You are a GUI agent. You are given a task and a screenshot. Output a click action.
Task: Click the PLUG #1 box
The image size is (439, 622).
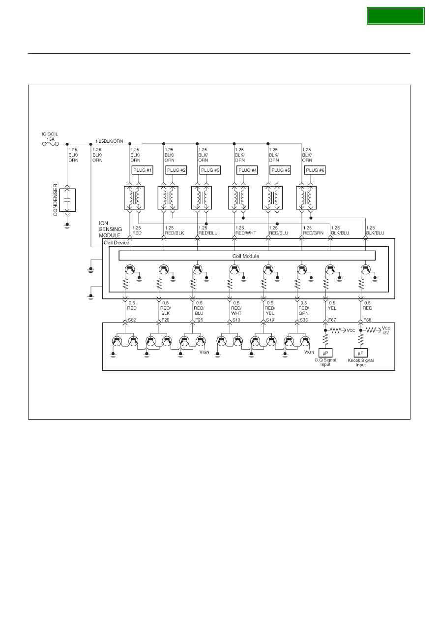(142, 170)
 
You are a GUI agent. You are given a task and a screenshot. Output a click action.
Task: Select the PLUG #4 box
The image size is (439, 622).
(247, 170)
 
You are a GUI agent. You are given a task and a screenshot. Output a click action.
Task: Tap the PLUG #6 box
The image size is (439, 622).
(315, 170)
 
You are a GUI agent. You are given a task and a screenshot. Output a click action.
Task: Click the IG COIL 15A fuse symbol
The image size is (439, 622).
(51, 144)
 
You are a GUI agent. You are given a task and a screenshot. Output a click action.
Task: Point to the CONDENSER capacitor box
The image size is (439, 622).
(67, 200)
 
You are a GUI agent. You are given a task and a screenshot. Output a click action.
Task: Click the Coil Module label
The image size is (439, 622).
(245, 256)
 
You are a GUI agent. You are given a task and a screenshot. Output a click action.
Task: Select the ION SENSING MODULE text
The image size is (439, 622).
(110, 229)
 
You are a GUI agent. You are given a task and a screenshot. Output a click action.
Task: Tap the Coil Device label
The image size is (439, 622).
(117, 242)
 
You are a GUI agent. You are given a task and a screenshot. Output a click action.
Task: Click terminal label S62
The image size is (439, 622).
(132, 320)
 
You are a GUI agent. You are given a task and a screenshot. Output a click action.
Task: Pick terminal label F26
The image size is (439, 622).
(166, 320)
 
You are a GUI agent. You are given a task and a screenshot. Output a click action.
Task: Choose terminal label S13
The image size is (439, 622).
(236, 320)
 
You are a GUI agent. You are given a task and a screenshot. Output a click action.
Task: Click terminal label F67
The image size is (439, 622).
(332, 320)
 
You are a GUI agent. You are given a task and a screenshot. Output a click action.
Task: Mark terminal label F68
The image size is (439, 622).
(367, 320)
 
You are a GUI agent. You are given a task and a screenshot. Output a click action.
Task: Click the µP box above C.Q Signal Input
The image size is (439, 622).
(325, 353)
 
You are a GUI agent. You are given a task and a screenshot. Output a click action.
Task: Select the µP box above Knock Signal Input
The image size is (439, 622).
(360, 353)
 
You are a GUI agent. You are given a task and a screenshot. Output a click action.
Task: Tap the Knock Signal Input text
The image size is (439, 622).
(360, 362)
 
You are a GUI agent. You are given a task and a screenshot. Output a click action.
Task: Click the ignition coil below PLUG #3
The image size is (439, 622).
(202, 197)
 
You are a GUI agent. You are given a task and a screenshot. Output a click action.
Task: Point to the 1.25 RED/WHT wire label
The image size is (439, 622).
(245, 230)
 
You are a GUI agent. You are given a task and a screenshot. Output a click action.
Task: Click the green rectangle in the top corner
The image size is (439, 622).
(395, 16)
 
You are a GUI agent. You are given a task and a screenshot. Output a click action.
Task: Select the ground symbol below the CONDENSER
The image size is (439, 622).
(67, 226)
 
